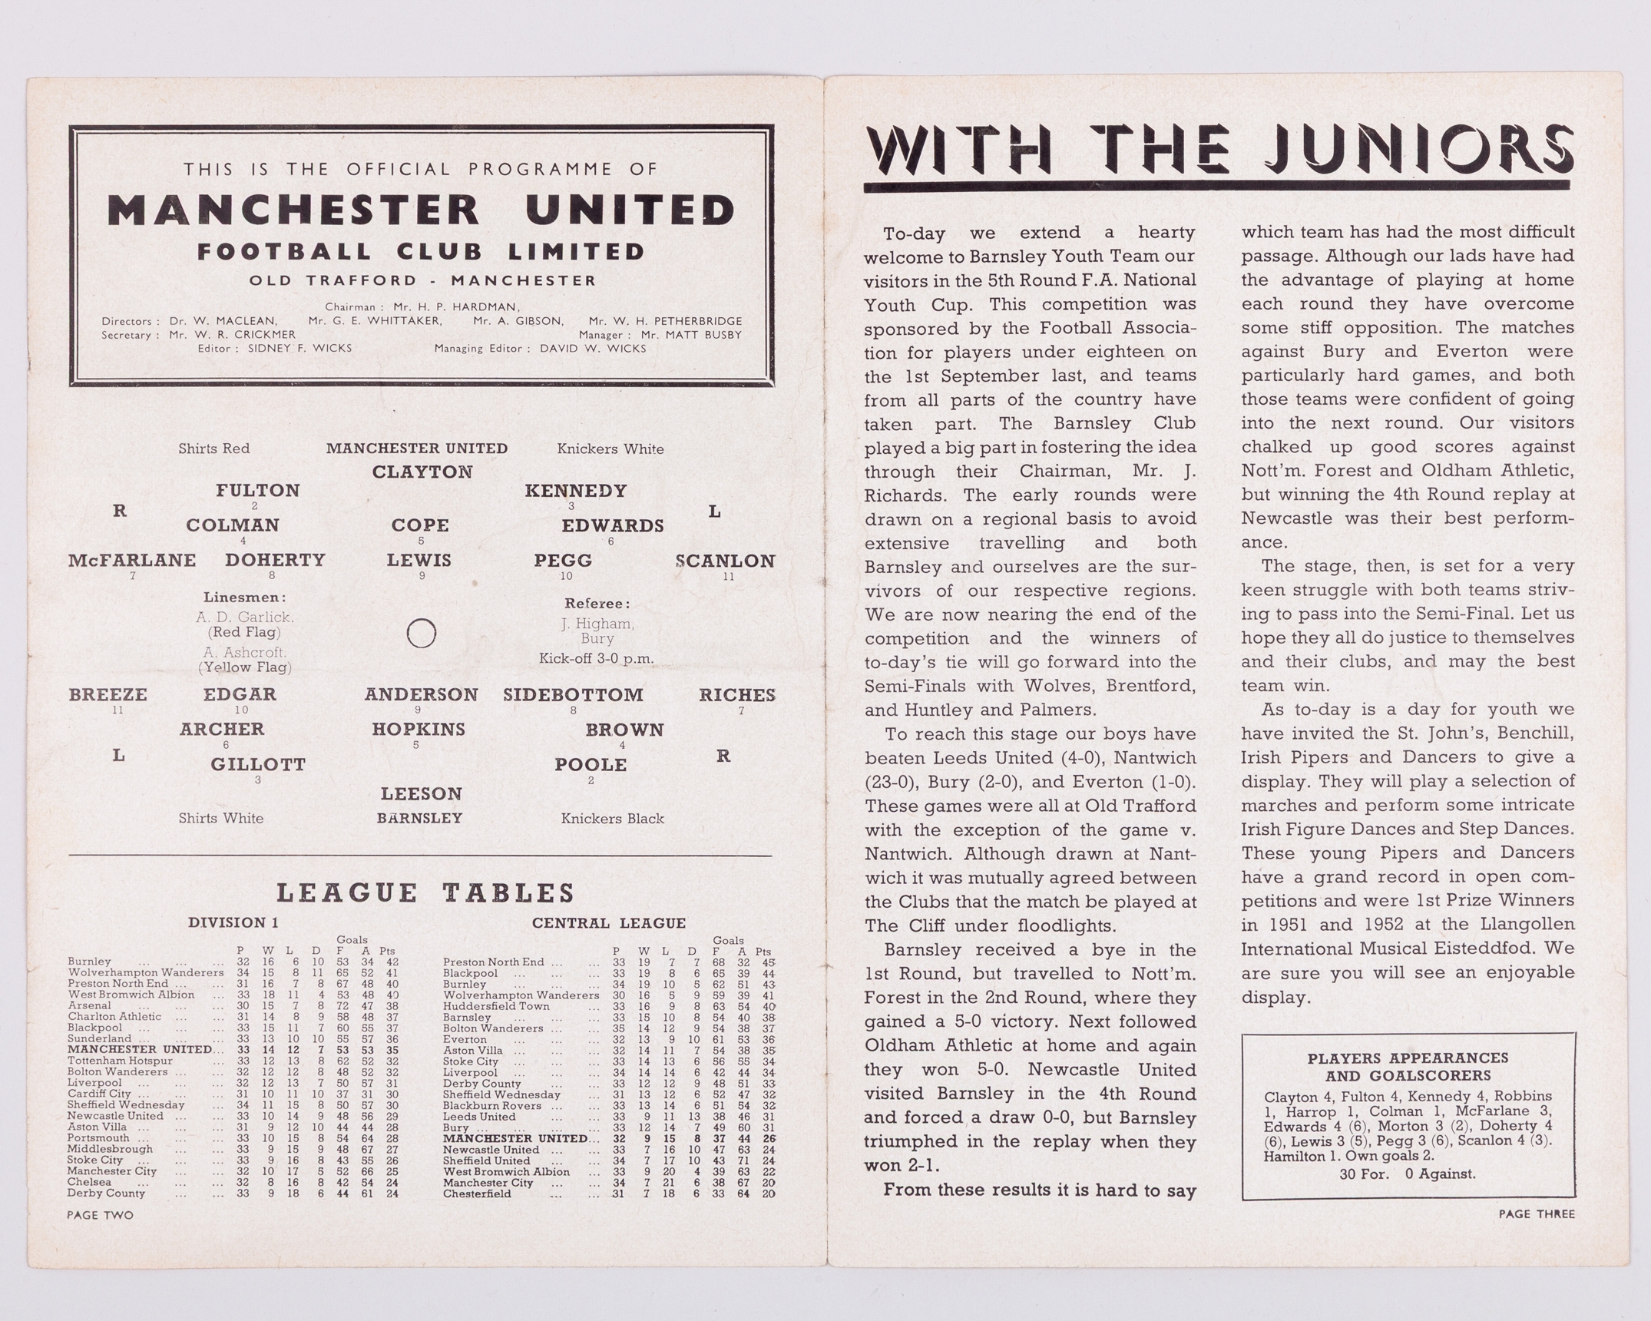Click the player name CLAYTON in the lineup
(x=422, y=472)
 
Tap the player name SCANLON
(x=726, y=561)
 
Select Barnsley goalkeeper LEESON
(x=422, y=794)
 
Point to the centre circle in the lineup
(x=421, y=634)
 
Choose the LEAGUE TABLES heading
(x=425, y=893)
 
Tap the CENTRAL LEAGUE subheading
(x=608, y=923)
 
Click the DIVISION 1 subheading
(x=233, y=923)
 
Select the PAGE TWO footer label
(x=100, y=1215)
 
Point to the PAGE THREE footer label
(x=1536, y=1214)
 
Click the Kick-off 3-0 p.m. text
(x=596, y=658)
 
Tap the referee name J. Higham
(x=597, y=624)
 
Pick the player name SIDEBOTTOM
(x=573, y=695)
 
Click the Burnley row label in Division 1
(x=90, y=962)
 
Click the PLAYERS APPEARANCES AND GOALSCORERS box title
(x=1407, y=1067)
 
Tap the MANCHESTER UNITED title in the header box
(x=421, y=210)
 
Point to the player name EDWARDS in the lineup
(x=612, y=526)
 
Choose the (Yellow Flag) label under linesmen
(x=245, y=667)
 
